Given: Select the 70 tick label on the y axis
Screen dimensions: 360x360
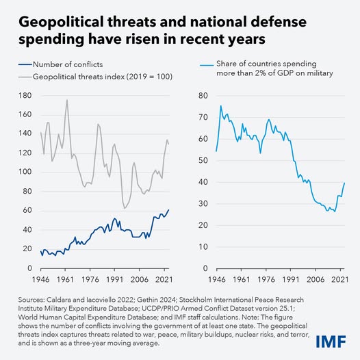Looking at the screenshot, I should coord(203,116).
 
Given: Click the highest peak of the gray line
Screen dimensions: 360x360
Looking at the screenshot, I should coord(66,100).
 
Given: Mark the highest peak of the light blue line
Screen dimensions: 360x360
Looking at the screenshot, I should coord(220,105).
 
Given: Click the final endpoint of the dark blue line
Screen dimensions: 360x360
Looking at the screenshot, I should coord(169,209).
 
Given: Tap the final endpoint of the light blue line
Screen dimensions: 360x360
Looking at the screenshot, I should coord(344,182).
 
